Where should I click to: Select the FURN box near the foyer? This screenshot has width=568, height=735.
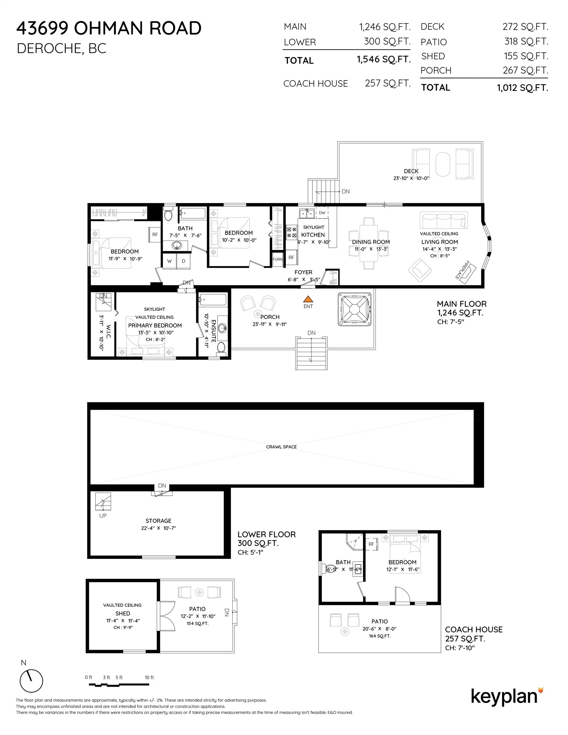point(277,259)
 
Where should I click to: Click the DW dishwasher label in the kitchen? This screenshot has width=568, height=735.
point(322,213)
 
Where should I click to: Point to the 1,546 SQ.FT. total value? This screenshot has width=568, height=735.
point(384,60)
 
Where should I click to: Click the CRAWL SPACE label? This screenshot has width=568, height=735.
point(281,447)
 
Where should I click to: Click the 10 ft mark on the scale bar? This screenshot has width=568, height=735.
point(149,678)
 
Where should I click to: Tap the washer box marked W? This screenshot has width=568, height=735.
point(169,261)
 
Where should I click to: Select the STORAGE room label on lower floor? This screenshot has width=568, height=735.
point(158,521)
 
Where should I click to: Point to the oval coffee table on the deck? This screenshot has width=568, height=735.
point(442,164)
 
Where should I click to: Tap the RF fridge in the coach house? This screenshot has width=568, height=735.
point(371,544)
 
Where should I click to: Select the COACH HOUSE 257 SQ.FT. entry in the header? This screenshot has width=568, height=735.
point(347,84)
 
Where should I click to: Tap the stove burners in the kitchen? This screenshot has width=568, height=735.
point(292,232)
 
